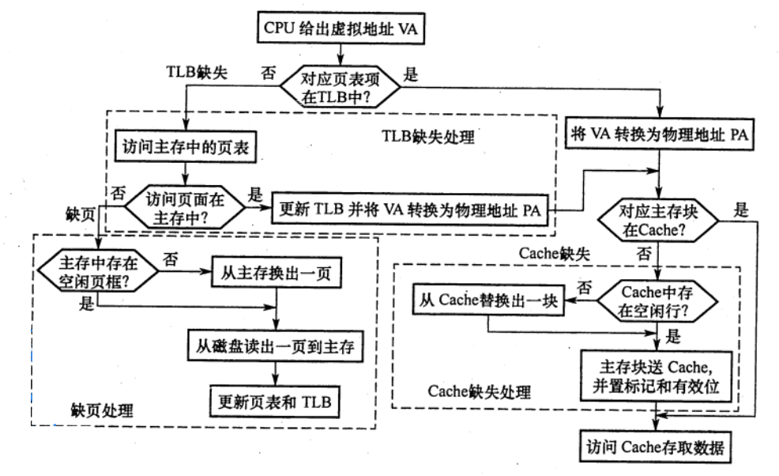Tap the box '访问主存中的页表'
[183, 146]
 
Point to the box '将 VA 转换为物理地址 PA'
[660, 133]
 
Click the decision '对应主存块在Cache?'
[658, 221]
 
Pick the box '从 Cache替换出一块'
[488, 301]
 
